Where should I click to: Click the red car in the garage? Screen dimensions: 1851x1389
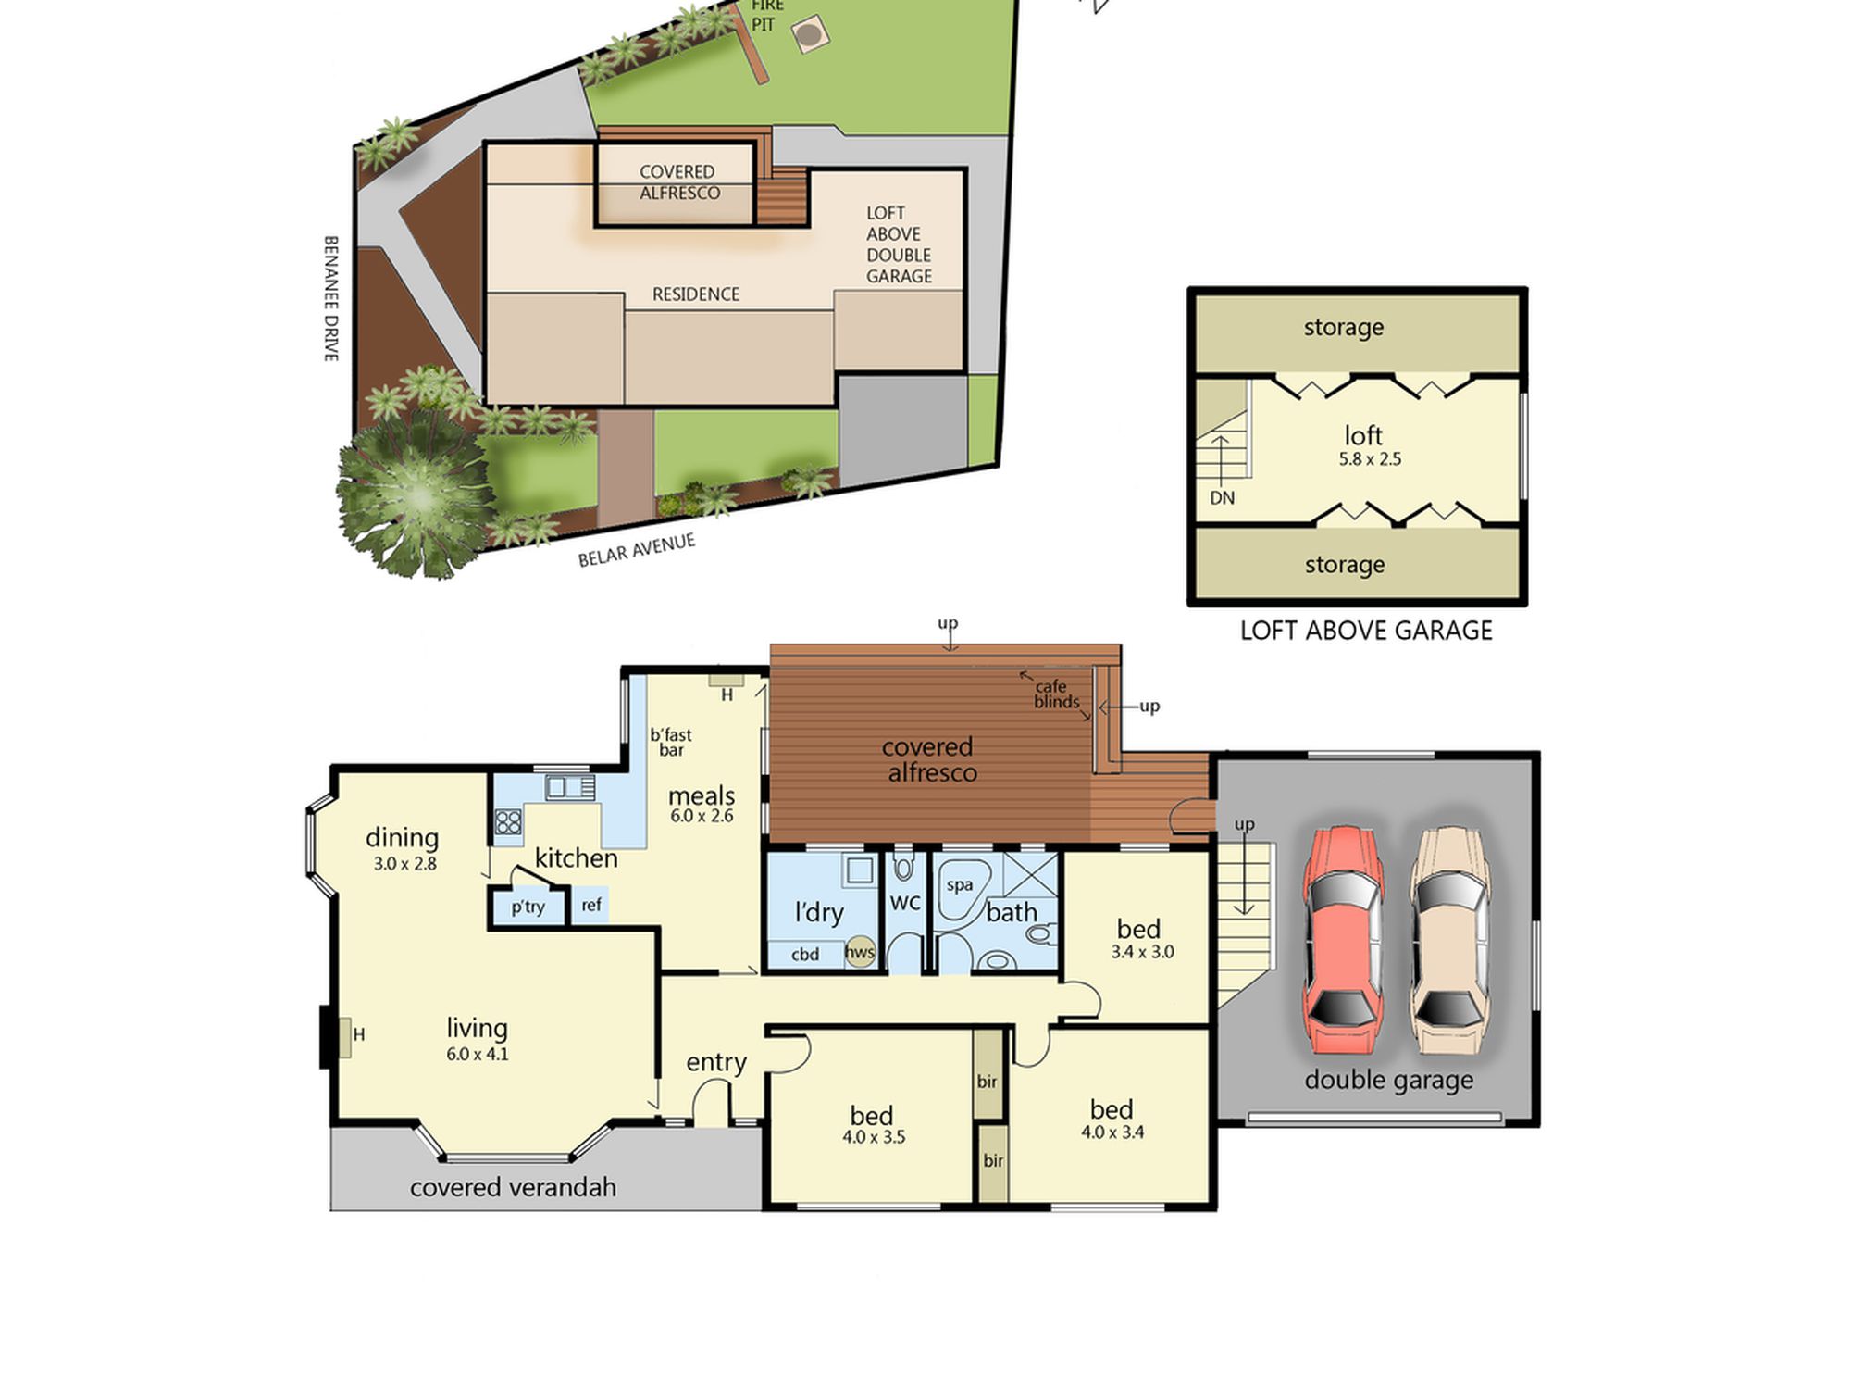tap(1343, 939)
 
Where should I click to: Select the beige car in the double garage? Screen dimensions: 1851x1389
tap(1450, 939)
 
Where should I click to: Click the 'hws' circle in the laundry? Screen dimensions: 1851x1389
tap(860, 952)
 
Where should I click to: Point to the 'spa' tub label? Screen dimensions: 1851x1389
tap(960, 885)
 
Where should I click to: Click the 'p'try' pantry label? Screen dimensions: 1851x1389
tap(528, 907)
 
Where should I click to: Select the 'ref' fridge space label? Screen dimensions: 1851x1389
tap(591, 905)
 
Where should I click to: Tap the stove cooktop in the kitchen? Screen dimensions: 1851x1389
tap(507, 821)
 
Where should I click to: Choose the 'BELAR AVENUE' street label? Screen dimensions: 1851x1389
tap(637, 550)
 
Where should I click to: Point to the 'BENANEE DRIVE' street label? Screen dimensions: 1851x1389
tap(330, 298)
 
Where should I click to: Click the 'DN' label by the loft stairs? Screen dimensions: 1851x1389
tap(1222, 498)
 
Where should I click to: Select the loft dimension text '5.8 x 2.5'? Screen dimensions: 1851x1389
tap(1370, 459)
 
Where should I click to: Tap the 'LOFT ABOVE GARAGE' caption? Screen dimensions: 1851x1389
tap(1366, 631)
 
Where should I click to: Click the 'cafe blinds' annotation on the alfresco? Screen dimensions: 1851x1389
tap(1055, 694)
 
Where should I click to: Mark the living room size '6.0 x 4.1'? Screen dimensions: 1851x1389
tap(478, 1054)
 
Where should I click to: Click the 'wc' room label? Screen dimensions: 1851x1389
tap(905, 902)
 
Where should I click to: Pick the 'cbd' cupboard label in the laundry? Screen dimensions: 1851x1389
tap(805, 955)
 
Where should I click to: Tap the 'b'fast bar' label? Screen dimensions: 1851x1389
tap(671, 742)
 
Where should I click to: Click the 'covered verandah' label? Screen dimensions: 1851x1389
tap(513, 1187)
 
